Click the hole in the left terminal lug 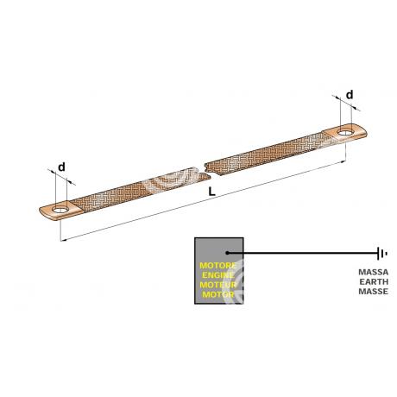pyautogui.click(x=60, y=210)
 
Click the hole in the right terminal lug pyautogui.click(x=345, y=133)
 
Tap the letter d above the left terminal pyautogui.click(x=61, y=167)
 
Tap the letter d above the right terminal pyautogui.click(x=350, y=95)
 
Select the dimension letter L pyautogui.click(x=211, y=192)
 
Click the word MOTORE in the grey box pyautogui.click(x=218, y=266)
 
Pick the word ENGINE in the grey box pyautogui.click(x=218, y=275)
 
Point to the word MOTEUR pyautogui.click(x=218, y=285)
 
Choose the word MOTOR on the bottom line pyautogui.click(x=218, y=294)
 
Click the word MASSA pyautogui.click(x=374, y=272)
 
